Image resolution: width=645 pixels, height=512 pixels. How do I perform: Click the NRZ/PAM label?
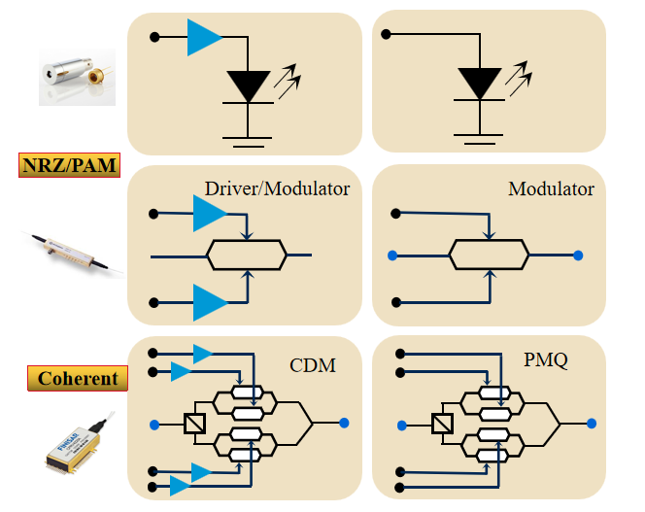(70, 165)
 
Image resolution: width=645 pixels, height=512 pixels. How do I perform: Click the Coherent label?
(78, 378)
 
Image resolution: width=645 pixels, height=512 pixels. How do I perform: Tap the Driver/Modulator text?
(277, 188)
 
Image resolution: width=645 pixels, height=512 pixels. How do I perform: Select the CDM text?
(313, 365)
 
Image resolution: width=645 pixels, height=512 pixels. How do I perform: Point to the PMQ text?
(546, 359)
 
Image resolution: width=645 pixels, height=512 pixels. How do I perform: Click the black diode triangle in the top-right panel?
(479, 84)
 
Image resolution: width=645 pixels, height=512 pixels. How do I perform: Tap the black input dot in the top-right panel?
(386, 34)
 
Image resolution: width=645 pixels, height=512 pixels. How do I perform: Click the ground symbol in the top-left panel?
(248, 142)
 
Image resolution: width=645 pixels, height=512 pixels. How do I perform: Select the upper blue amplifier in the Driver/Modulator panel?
(210, 213)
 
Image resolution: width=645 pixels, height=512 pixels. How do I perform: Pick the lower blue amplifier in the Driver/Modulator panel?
(210, 302)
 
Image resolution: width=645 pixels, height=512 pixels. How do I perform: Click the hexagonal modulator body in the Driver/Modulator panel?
(247, 256)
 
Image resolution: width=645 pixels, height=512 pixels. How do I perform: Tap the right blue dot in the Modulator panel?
(578, 256)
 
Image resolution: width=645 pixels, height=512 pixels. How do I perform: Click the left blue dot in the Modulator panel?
(392, 256)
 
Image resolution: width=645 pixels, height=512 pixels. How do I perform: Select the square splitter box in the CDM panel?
(194, 423)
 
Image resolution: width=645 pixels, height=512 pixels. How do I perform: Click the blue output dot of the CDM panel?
(344, 423)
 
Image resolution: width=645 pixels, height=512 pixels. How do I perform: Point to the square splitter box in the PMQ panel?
(442, 424)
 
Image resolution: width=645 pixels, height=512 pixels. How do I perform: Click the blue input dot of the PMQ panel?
(402, 426)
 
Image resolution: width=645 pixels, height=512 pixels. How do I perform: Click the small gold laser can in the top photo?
(97, 76)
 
